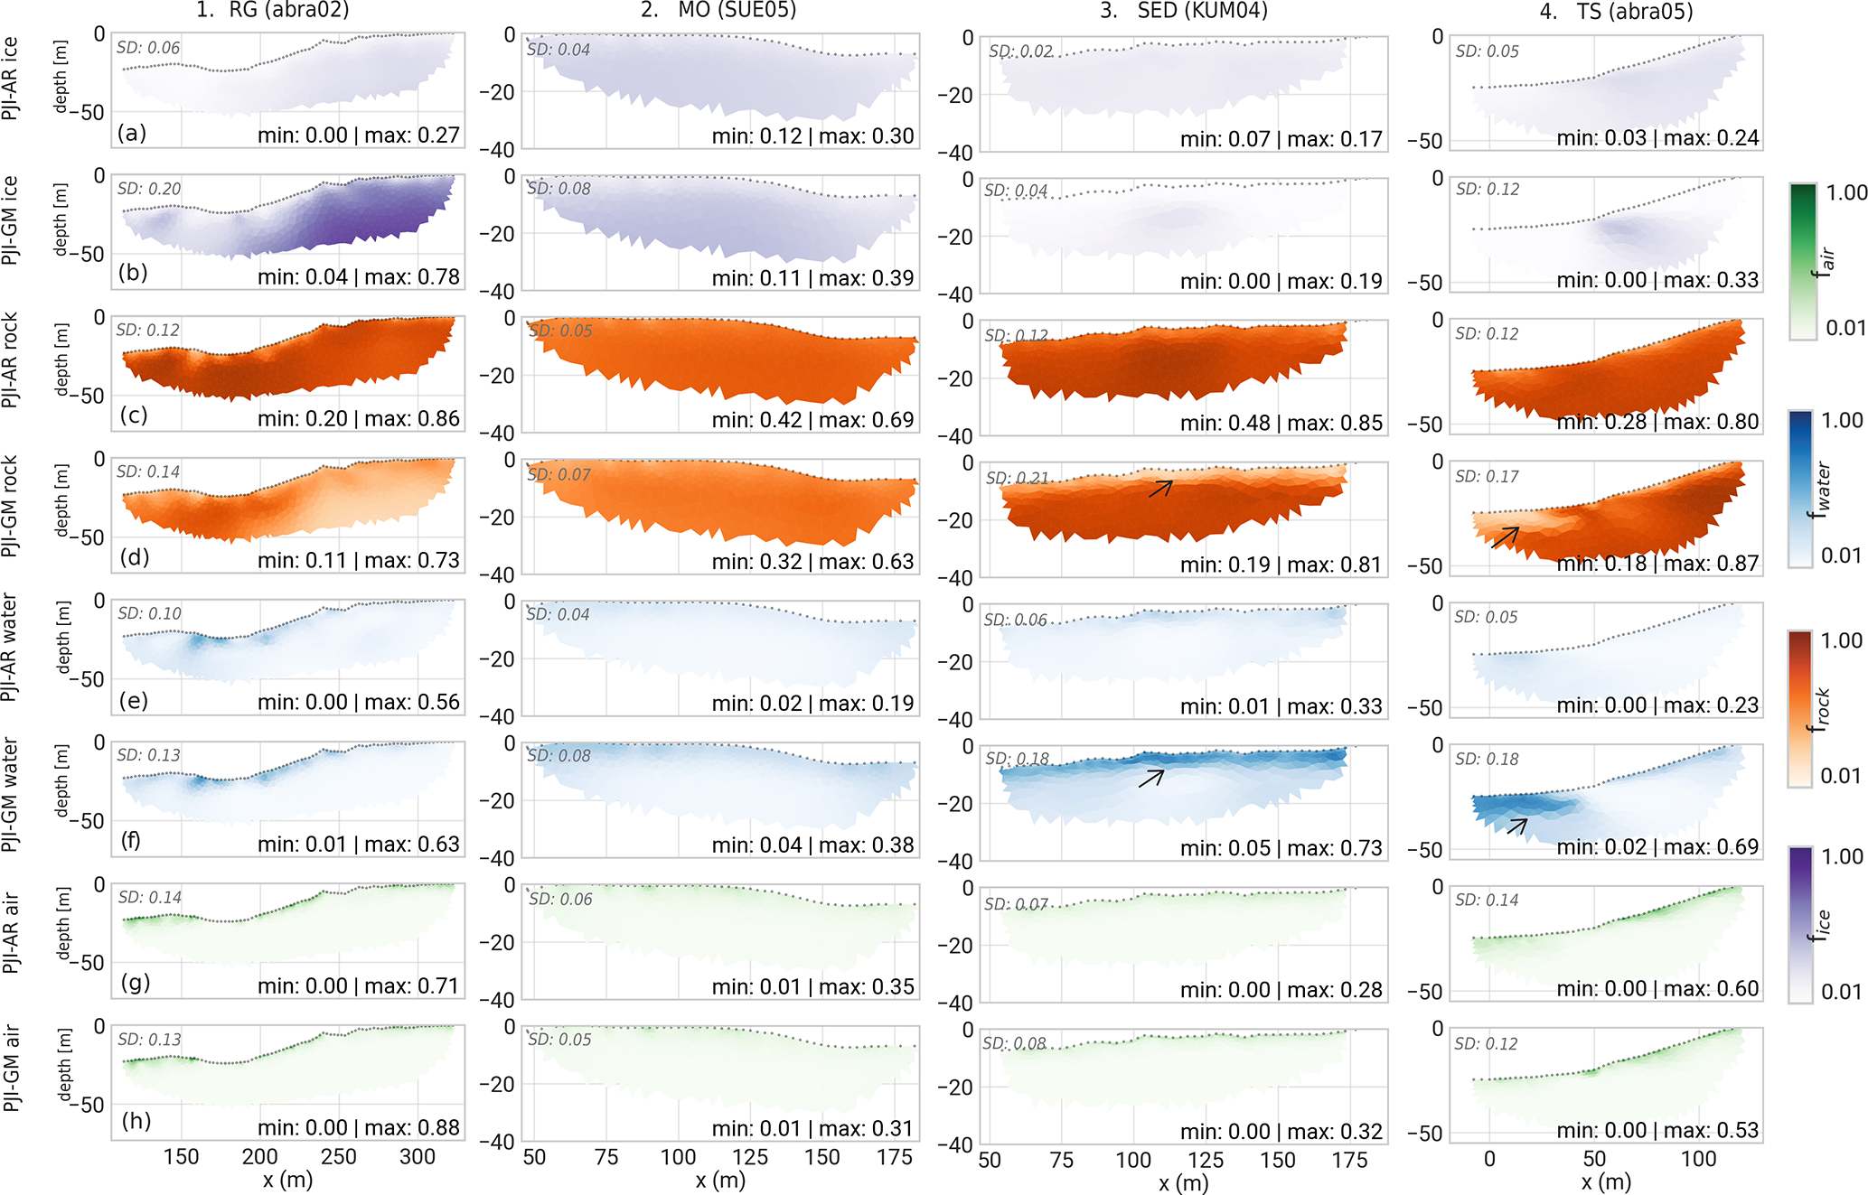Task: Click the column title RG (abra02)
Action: pyautogui.click(x=272, y=11)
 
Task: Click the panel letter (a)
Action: pyautogui.click(x=132, y=134)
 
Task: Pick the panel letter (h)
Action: pyautogui.click(x=136, y=1121)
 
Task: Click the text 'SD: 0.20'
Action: pyautogui.click(x=149, y=189)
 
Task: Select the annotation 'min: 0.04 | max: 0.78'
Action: pyautogui.click(x=359, y=276)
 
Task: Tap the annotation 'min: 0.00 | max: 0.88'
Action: pyautogui.click(x=359, y=1127)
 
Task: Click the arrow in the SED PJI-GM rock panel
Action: pyautogui.click(x=1160, y=489)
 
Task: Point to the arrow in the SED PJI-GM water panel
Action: pyautogui.click(x=1151, y=778)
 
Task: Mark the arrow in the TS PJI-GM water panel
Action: pyautogui.click(x=1517, y=826)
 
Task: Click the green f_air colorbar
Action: pyautogui.click(x=1802, y=261)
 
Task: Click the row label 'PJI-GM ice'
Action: pyautogui.click(x=10, y=220)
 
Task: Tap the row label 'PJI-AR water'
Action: pyautogui.click(x=10, y=647)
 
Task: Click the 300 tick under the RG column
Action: pyautogui.click(x=417, y=1157)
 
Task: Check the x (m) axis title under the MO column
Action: pyautogui.click(x=720, y=1180)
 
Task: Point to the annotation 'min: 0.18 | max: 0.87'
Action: pyautogui.click(x=1657, y=564)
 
